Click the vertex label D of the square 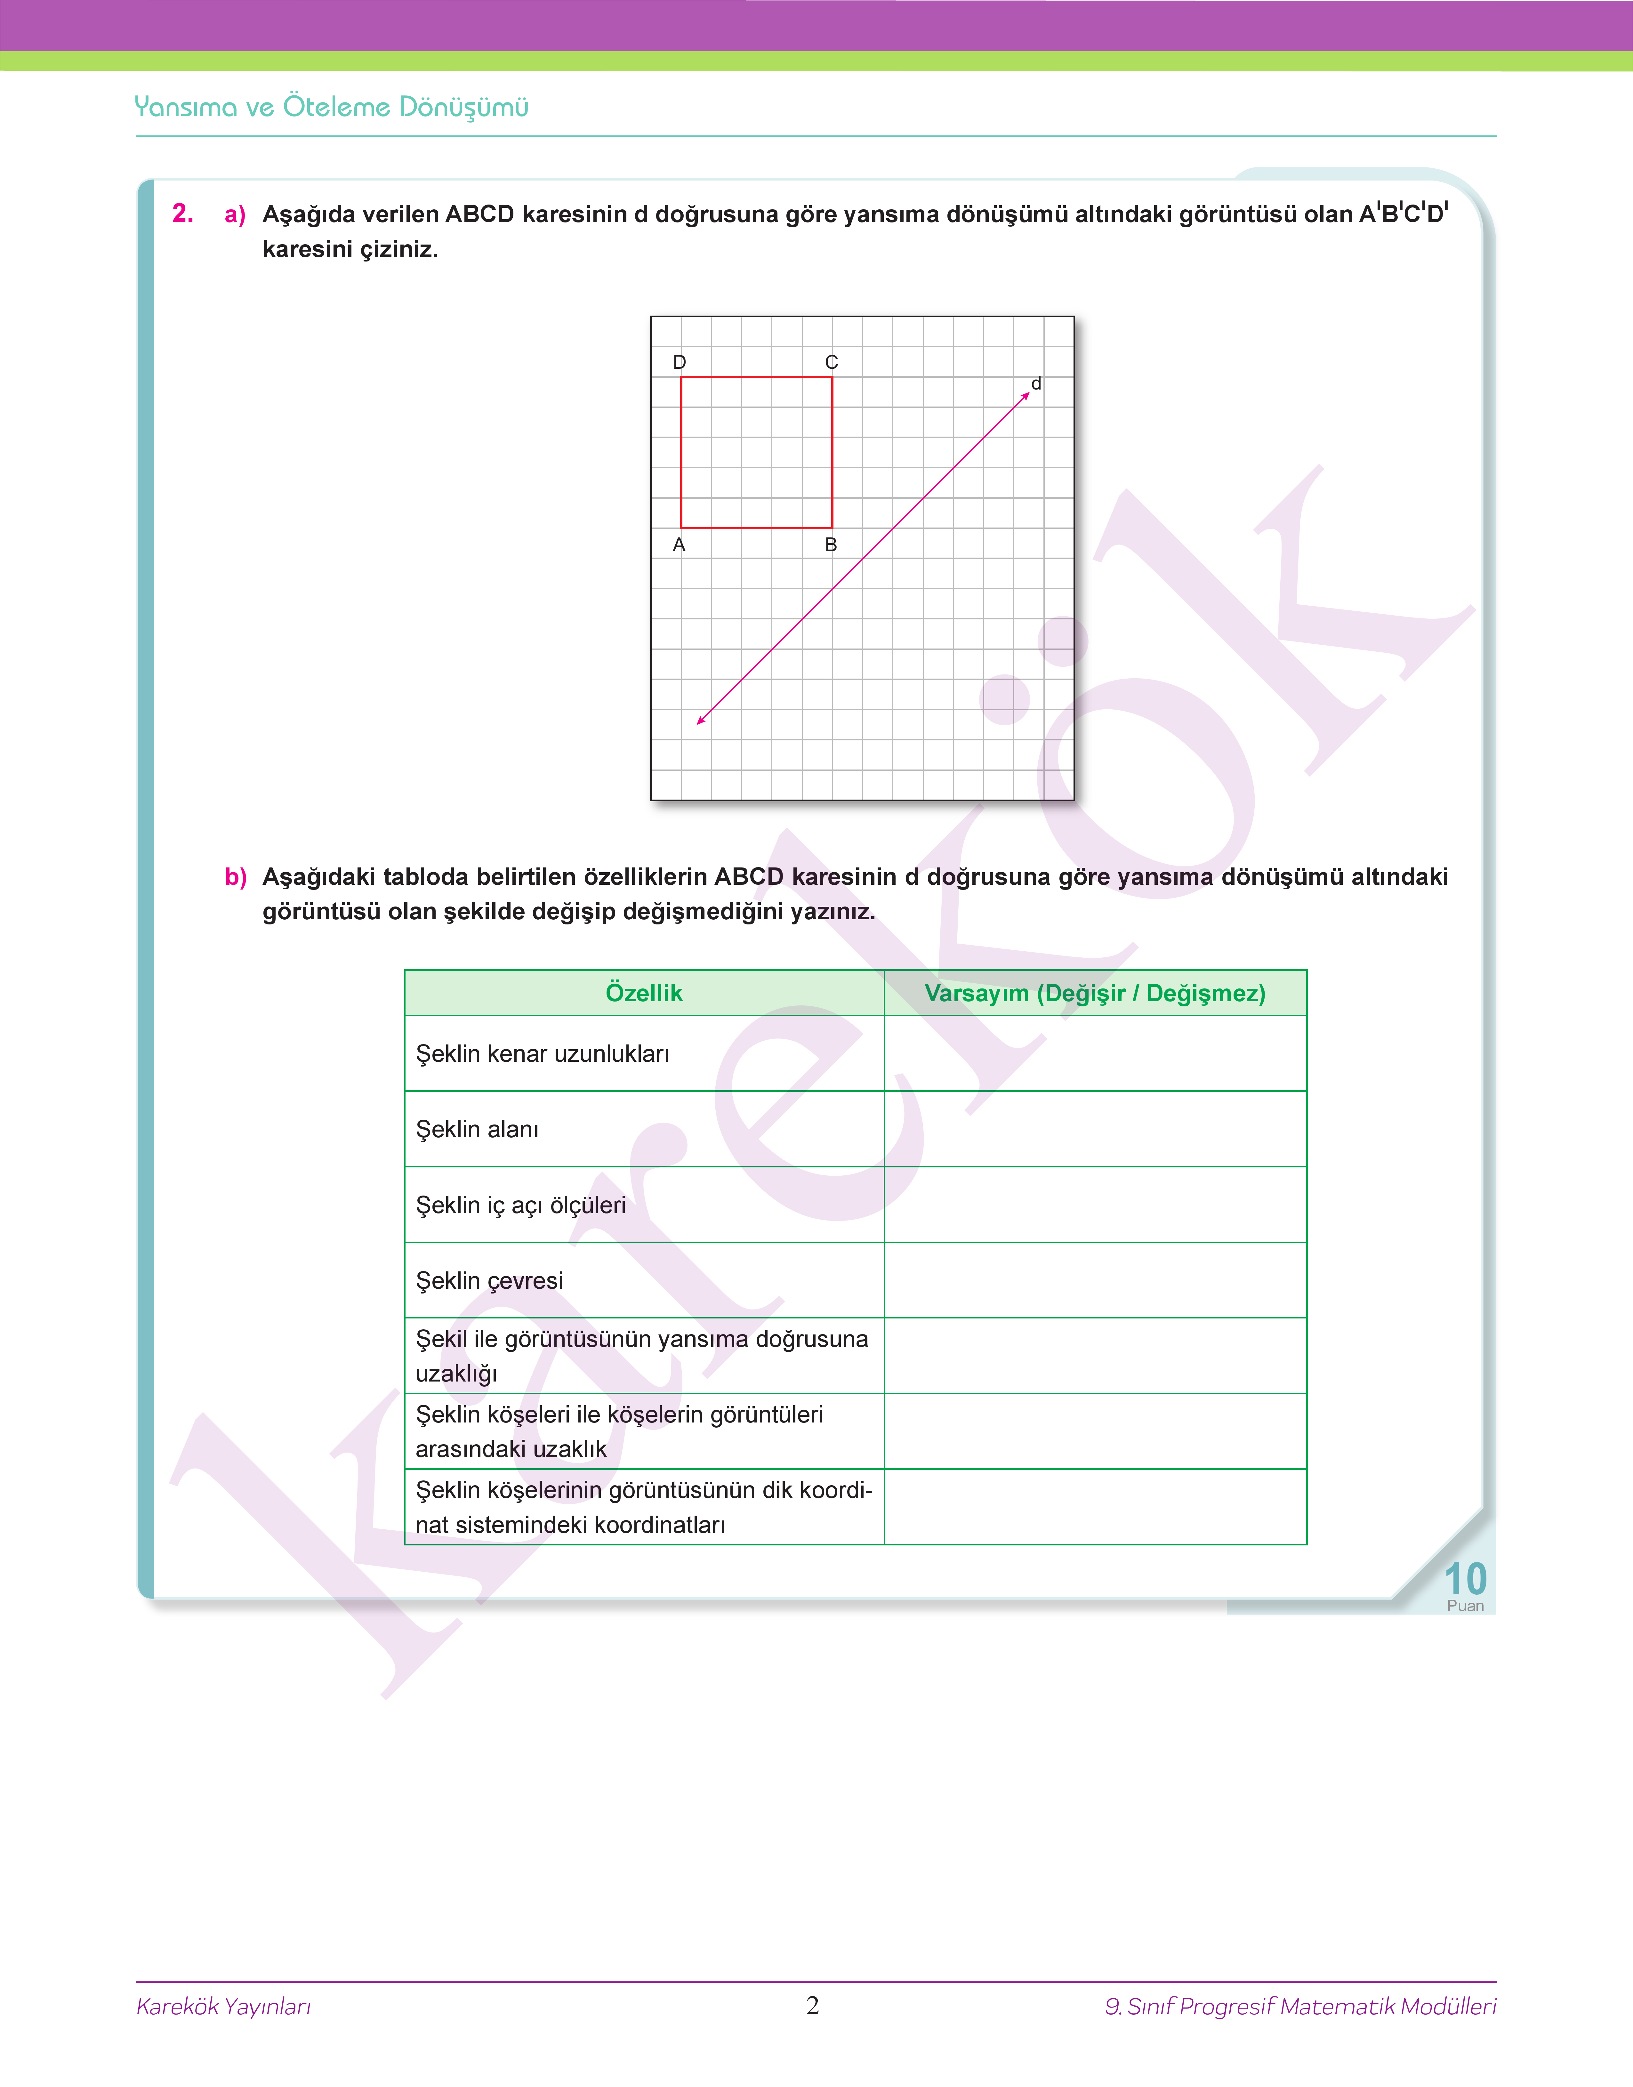(x=679, y=362)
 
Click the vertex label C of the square (x=831, y=362)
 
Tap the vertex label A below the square (x=679, y=545)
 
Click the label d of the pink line (x=1035, y=383)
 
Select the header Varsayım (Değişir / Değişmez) (x=1095, y=993)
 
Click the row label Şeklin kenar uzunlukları (x=542, y=1053)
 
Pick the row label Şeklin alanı (x=477, y=1129)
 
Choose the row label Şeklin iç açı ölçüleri (x=520, y=1205)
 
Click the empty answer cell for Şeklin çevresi (x=1095, y=1280)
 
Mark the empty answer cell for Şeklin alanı (x=1095, y=1129)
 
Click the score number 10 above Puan (x=1465, y=1578)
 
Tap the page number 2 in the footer (x=813, y=2006)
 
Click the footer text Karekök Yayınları (x=224, y=2007)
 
